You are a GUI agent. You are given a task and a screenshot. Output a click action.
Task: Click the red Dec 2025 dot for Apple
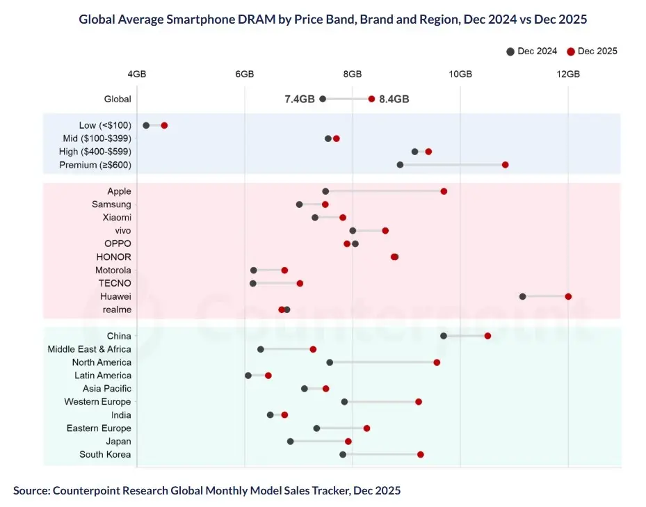pyautogui.click(x=444, y=191)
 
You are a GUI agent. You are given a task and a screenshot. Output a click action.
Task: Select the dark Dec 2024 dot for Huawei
pyautogui.click(x=522, y=296)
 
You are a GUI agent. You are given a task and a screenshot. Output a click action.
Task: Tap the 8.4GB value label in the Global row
pyautogui.click(x=394, y=99)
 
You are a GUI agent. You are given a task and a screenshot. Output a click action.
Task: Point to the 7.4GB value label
pyautogui.click(x=300, y=99)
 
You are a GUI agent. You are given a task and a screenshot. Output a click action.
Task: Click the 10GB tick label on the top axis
pyautogui.click(x=460, y=74)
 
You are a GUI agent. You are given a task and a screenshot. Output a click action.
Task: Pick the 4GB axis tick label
pyautogui.click(x=137, y=74)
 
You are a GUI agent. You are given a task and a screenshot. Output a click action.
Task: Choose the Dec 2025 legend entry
pyautogui.click(x=592, y=51)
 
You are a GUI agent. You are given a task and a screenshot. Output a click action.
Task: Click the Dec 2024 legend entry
pyautogui.click(x=532, y=51)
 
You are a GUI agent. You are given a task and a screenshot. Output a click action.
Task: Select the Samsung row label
pyautogui.click(x=111, y=204)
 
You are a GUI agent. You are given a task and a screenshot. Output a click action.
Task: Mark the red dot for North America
pyautogui.click(x=437, y=362)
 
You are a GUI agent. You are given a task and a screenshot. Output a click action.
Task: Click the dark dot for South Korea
pyautogui.click(x=343, y=454)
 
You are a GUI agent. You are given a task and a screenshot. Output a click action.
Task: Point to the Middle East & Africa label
pyautogui.click(x=89, y=349)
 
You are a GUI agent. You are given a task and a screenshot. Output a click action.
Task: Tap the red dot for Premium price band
pyautogui.click(x=506, y=165)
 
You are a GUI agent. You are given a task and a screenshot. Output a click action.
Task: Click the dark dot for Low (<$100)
pyautogui.click(x=146, y=125)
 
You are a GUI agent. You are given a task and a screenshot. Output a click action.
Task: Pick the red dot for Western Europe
pyautogui.click(x=419, y=402)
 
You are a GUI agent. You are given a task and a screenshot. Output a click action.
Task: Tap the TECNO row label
pyautogui.click(x=114, y=283)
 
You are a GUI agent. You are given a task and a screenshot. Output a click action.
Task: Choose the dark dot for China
pyautogui.click(x=444, y=336)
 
